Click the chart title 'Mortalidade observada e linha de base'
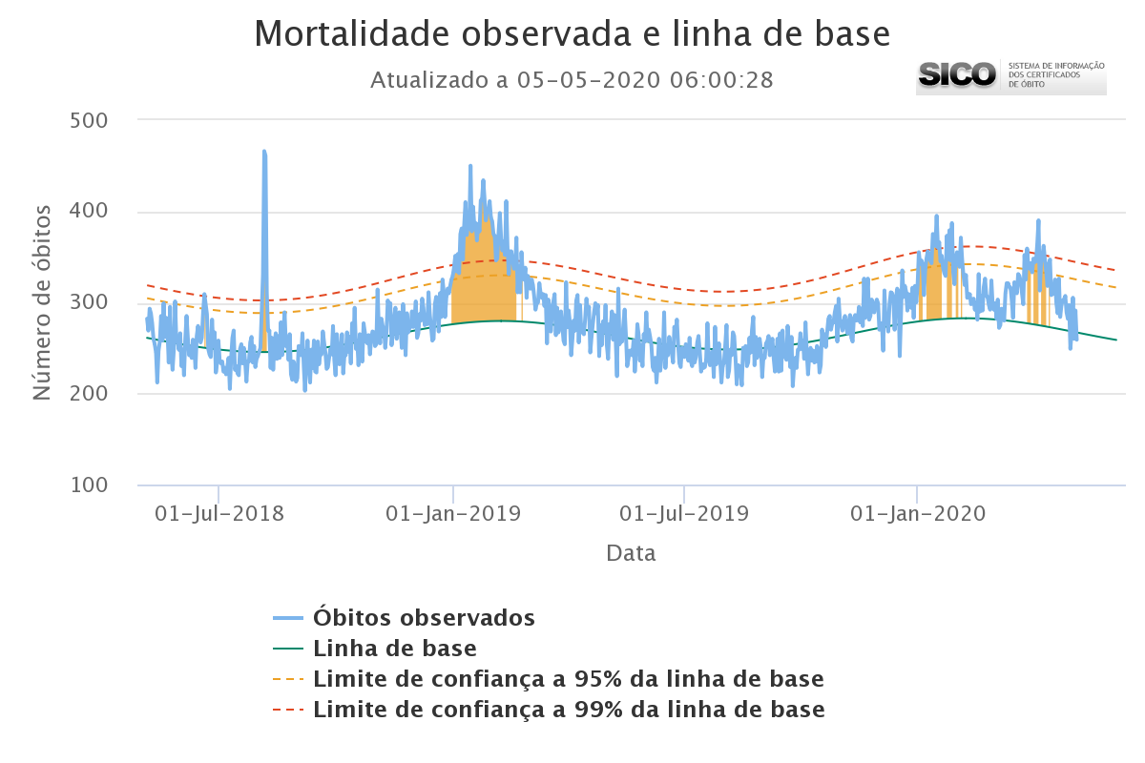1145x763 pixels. (572, 34)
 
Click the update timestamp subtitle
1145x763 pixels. (572, 80)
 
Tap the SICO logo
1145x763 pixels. (1010, 75)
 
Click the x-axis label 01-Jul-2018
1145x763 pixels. (219, 513)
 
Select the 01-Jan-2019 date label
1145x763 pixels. (453, 513)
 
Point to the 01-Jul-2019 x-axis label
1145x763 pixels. (684, 513)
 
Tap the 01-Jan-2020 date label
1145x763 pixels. (917, 513)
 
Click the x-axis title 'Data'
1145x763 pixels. (631, 553)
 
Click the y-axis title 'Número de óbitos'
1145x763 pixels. (42, 302)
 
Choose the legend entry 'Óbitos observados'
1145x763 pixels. (424, 617)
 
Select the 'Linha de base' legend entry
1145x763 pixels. (395, 650)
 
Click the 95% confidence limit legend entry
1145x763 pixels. (568, 680)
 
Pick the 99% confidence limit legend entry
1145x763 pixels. (568, 711)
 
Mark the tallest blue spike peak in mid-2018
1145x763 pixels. (264, 152)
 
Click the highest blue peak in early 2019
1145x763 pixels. (470, 166)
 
